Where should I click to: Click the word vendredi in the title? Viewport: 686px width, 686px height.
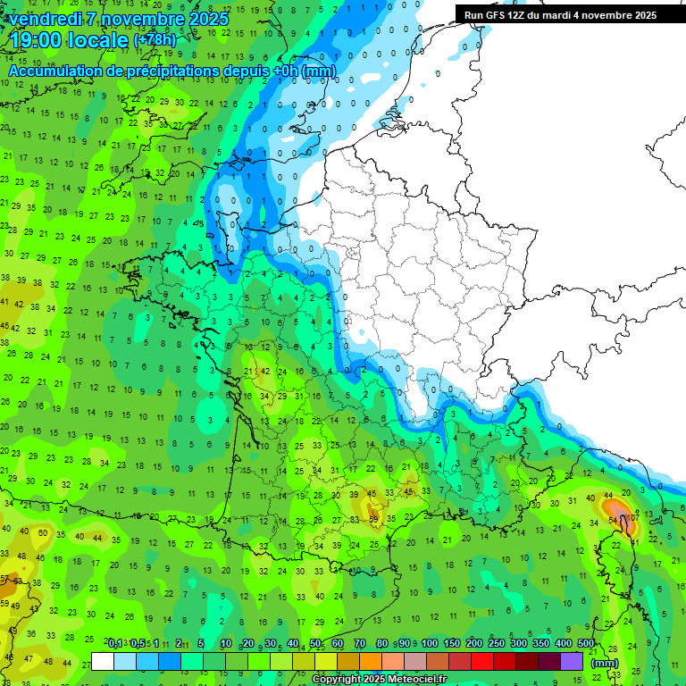(44, 18)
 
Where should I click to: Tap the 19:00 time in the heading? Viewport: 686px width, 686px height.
(41, 40)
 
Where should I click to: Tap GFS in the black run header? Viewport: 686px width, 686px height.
(496, 15)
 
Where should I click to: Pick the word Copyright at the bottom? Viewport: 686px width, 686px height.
(338, 680)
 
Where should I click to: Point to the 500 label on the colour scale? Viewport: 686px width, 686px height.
(586, 643)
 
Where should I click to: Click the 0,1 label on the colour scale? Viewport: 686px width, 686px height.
(115, 643)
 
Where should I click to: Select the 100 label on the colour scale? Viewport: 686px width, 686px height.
(430, 643)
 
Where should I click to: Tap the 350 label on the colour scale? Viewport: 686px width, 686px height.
(541, 643)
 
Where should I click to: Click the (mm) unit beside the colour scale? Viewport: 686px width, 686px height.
(605, 663)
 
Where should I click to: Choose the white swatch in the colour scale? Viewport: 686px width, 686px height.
(103, 661)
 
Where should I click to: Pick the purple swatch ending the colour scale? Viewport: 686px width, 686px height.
(571, 661)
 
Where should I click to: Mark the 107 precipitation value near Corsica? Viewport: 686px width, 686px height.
(632, 518)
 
